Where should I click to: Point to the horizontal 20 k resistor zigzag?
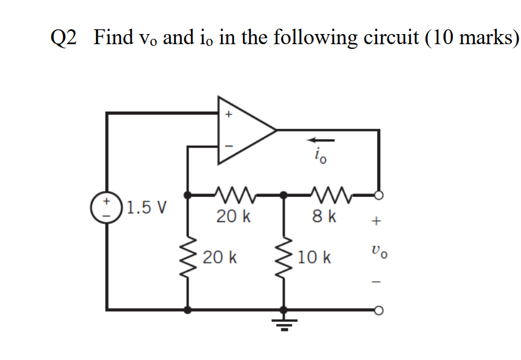(x=234, y=194)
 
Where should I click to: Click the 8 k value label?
(x=325, y=216)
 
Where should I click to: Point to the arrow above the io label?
(x=321, y=141)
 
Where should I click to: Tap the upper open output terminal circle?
(x=378, y=194)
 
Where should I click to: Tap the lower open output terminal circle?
(x=378, y=310)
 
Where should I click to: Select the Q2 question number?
(x=64, y=38)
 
